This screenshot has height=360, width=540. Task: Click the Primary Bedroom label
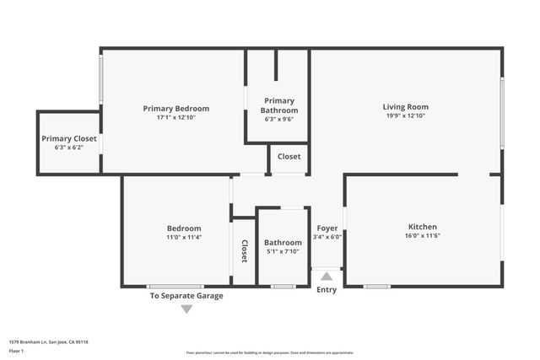coord(175,108)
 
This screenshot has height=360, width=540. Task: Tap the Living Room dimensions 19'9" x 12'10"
coord(405,116)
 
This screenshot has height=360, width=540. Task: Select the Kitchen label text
coord(422,227)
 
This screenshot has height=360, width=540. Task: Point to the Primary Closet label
coord(69,138)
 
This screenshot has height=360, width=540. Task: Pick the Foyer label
coord(327,228)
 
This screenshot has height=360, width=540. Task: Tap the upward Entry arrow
coord(327,275)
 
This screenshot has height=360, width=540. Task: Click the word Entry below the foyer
coord(327,290)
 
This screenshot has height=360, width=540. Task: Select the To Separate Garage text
coord(186,296)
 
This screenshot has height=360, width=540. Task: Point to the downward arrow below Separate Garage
coord(186,309)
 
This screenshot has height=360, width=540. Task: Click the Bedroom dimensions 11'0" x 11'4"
coord(183,238)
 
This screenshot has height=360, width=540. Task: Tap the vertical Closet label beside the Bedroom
coord(245,251)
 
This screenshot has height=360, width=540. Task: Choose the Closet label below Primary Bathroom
coord(289,157)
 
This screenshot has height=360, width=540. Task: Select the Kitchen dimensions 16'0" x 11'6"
coord(422,236)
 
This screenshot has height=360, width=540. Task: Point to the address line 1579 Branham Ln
coord(48,342)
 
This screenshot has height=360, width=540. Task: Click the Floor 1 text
coord(16,349)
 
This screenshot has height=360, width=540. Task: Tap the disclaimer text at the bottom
coord(270,353)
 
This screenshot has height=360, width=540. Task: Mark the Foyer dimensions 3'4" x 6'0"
coord(327,237)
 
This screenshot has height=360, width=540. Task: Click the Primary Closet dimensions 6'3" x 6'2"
coord(69,148)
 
